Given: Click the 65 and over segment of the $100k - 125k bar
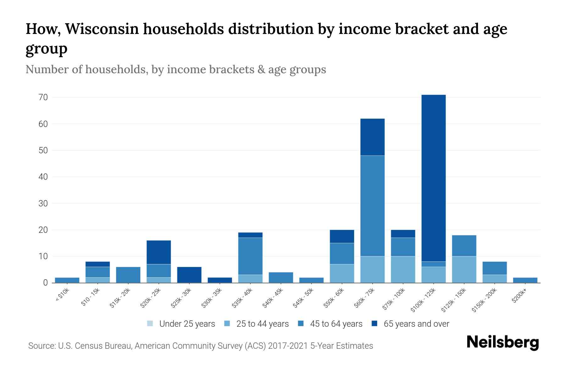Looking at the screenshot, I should pos(433,178).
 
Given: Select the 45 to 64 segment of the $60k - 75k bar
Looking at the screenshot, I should pos(372,206).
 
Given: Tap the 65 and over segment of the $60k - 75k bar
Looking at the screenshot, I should pos(372,137).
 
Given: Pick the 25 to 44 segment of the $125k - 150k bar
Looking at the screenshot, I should pos(464,270).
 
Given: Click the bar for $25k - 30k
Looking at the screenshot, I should pos(189,275).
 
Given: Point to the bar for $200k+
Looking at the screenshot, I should pos(525,280).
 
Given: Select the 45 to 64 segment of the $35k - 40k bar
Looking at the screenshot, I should pos(250,256).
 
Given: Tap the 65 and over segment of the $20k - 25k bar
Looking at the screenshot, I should pos(159,252).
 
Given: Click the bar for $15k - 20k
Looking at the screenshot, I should pos(128,275).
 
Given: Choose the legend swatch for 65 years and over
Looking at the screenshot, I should pos(375,324).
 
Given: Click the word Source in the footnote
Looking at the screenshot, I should pos(41,346).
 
